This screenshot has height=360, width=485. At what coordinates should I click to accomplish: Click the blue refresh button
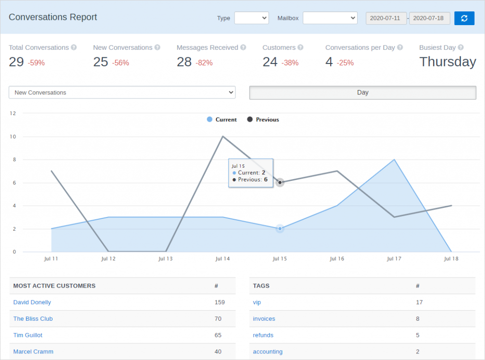tap(464, 18)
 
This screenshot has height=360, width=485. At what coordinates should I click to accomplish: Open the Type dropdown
tap(251, 18)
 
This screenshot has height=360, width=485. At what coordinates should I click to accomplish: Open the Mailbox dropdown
tap(330, 18)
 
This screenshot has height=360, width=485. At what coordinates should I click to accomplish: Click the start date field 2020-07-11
tap(386, 18)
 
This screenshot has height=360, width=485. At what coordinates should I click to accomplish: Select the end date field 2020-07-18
tap(430, 18)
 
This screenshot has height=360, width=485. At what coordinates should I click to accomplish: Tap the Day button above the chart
tap(362, 93)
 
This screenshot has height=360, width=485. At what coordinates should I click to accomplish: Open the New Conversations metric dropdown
tap(122, 93)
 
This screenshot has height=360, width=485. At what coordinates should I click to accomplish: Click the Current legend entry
tap(222, 120)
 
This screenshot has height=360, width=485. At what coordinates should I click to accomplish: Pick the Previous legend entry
tap(263, 120)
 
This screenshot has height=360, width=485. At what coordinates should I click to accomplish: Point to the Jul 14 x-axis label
tap(223, 259)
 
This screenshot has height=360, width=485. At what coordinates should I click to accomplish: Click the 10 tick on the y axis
tap(13, 137)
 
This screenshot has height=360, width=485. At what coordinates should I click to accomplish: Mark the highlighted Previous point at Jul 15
tap(280, 182)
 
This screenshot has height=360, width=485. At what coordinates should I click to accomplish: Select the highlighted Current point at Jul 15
tap(280, 228)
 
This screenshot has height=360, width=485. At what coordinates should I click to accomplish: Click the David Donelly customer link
tap(32, 302)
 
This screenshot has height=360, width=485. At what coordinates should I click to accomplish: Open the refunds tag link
tap(263, 335)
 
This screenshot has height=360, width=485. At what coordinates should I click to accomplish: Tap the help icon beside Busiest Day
tap(461, 47)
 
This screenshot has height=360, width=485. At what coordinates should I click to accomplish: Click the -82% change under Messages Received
tap(204, 63)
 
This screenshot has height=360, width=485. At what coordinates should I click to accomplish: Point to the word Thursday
tap(448, 62)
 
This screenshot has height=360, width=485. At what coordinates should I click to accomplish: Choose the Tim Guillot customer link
tap(28, 335)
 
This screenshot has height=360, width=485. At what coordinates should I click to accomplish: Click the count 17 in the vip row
tap(419, 302)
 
